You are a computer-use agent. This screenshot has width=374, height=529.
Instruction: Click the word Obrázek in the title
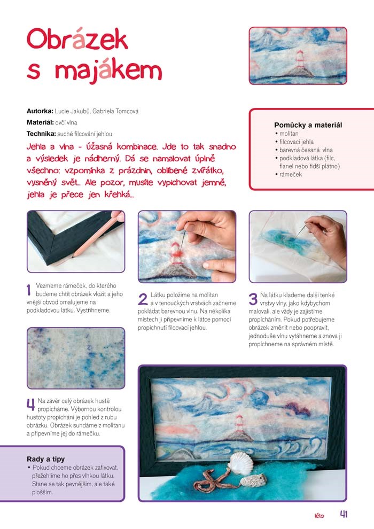(77, 39)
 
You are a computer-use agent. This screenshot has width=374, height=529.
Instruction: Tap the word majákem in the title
(108, 72)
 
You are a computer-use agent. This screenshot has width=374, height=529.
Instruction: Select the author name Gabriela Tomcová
(115, 111)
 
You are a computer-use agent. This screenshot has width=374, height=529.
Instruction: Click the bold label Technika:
(41, 134)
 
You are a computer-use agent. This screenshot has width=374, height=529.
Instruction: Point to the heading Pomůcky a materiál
(308, 125)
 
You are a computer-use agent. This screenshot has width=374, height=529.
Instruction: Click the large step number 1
(29, 290)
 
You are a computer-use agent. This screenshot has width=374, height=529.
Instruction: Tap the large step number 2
(143, 299)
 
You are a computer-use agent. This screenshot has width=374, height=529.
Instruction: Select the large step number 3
(253, 299)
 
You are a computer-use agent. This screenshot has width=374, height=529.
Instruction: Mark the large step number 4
(30, 404)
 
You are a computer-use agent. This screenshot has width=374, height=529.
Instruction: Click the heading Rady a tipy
(45, 459)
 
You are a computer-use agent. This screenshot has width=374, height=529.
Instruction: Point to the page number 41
(344, 514)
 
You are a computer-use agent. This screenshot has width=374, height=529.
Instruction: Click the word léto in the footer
(319, 516)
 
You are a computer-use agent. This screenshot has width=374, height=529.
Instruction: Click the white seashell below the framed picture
(240, 463)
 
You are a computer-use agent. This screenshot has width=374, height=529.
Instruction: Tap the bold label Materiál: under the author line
(40, 122)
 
